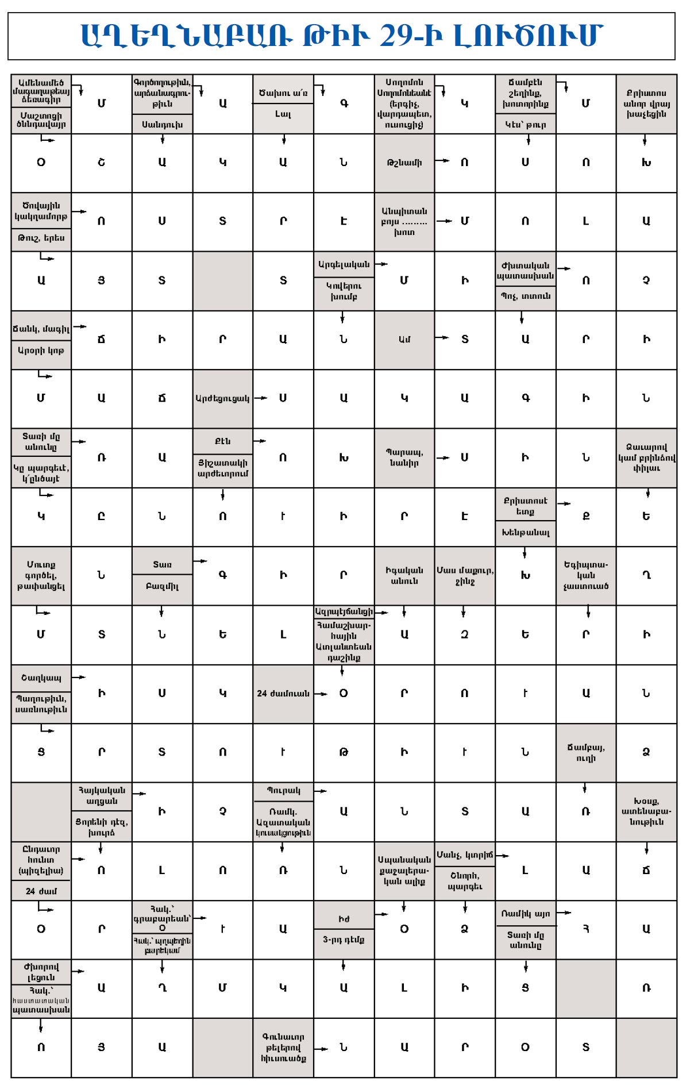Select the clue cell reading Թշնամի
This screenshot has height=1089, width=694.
tap(404, 163)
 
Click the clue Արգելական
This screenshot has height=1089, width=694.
tap(344, 264)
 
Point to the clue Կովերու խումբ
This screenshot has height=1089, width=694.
tap(344, 291)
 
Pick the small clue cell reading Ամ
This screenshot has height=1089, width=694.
tap(404, 339)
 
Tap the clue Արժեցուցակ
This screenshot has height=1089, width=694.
tap(222, 398)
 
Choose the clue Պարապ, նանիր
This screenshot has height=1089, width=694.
tap(404, 457)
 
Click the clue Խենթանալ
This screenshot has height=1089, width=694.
tap(525, 533)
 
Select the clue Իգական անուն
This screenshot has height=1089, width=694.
tap(404, 575)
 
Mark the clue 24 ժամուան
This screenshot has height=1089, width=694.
tap(283, 694)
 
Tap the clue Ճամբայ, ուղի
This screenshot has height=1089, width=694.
tap(585, 752)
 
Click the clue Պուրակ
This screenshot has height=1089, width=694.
tap(283, 791)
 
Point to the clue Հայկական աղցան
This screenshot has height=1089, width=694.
tap(102, 795)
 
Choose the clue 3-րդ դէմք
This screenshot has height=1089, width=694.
tap(344, 940)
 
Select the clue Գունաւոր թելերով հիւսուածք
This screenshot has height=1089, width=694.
tap(283, 1047)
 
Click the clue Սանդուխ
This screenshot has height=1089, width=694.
tap(162, 124)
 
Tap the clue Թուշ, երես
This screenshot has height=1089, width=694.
tap(41, 238)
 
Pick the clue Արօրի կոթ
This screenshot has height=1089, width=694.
tap(41, 351)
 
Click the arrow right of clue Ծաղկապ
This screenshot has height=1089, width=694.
tap(79, 678)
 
